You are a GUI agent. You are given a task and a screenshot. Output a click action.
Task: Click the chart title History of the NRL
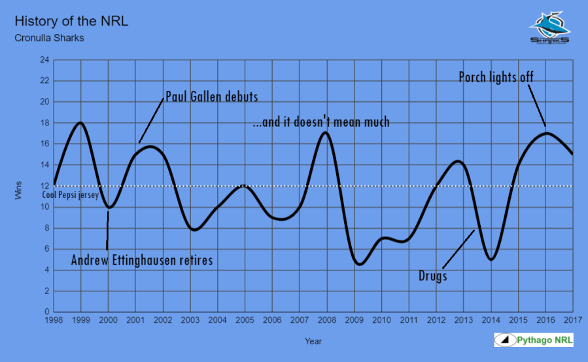[71, 21]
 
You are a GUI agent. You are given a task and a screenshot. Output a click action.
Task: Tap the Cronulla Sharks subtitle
[49, 38]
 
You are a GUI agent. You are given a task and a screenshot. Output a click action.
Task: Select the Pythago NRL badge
[533, 340]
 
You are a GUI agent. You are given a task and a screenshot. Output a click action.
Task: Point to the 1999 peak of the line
[80, 123]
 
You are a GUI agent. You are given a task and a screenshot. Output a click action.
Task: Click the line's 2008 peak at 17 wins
[326, 133]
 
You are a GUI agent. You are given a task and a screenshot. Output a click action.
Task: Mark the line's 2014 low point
[491, 259]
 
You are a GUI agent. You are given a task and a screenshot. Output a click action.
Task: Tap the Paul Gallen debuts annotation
[211, 97]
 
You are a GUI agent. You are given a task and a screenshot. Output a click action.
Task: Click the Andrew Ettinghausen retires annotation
[142, 260]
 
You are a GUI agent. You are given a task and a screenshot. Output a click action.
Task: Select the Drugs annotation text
[432, 276]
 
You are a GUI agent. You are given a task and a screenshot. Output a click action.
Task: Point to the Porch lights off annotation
[496, 77]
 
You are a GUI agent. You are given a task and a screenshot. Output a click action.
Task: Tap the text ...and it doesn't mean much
[321, 122]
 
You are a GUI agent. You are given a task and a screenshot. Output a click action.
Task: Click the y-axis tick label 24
[44, 60]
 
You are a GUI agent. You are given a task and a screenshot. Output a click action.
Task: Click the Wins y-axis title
[20, 186]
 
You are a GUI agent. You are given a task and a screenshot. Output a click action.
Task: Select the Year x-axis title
[313, 340]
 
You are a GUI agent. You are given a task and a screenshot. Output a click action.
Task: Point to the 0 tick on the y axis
[46, 312]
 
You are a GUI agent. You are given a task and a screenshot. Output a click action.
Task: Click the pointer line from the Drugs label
[458, 248]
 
